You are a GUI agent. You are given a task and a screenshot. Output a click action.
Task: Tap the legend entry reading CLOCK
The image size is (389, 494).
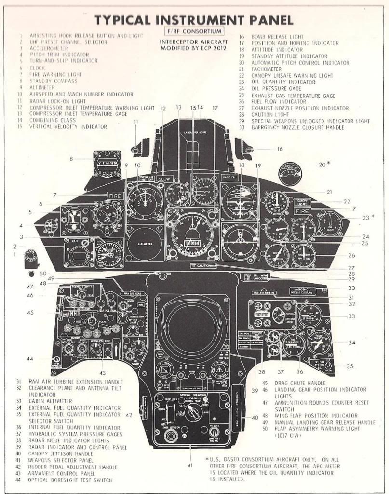[x=38, y=68]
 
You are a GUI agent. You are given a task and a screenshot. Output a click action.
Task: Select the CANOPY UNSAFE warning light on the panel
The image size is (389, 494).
[x=302, y=202]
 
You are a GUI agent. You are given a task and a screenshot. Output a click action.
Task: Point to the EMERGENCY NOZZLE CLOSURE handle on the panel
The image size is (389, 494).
[x=302, y=291]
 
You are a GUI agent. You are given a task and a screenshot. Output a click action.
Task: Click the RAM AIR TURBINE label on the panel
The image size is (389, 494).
[x=263, y=293]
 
